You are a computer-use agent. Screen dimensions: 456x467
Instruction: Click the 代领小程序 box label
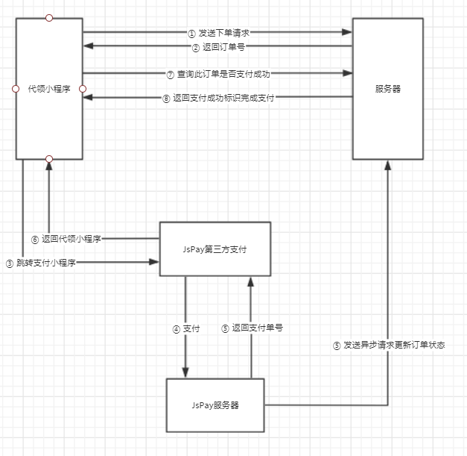pos(49,89)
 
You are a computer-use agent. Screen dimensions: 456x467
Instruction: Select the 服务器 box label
pos(387,89)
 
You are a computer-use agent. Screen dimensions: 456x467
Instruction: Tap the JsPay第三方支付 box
pos(215,249)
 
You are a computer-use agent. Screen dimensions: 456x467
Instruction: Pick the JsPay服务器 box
pos(215,405)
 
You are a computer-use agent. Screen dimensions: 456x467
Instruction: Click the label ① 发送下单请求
pos(217,33)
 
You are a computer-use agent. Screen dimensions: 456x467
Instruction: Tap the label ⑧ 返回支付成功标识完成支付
pos(219,97)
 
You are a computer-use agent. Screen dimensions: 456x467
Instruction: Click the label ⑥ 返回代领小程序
pos(66,239)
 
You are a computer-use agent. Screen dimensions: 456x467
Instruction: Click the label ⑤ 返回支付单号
pos(252,328)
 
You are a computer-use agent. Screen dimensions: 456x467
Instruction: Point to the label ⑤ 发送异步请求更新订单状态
pos(389,346)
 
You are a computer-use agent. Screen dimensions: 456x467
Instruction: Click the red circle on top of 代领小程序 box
pos(49,17)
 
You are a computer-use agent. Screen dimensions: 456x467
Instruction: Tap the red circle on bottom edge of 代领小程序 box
pos(49,159)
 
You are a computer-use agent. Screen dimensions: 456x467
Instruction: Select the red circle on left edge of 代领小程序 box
pos(16,89)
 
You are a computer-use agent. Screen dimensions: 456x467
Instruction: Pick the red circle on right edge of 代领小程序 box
pos(83,89)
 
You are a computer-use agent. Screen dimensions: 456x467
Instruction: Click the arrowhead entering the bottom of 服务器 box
pos(387,166)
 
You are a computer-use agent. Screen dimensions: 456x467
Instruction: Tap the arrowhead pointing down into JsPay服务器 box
pos(185,372)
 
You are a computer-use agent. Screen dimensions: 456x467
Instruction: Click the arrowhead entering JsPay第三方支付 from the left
pos(154,261)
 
